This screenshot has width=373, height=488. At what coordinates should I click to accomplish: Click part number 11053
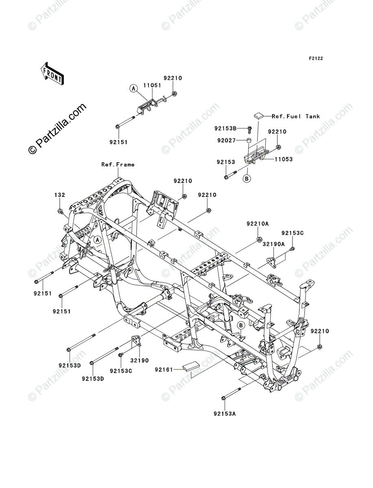[x=283, y=159]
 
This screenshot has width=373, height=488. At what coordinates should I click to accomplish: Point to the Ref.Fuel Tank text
[x=296, y=116]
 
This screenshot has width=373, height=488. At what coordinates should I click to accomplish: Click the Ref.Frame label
[x=118, y=165]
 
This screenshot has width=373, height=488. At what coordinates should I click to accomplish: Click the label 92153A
[x=224, y=414]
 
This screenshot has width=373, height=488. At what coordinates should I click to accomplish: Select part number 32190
[x=138, y=360]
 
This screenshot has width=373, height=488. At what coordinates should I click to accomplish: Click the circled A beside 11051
[x=133, y=88]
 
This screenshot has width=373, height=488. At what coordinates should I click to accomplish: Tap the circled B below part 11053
[x=246, y=179]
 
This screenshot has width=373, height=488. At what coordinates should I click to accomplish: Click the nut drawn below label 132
[x=60, y=211]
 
